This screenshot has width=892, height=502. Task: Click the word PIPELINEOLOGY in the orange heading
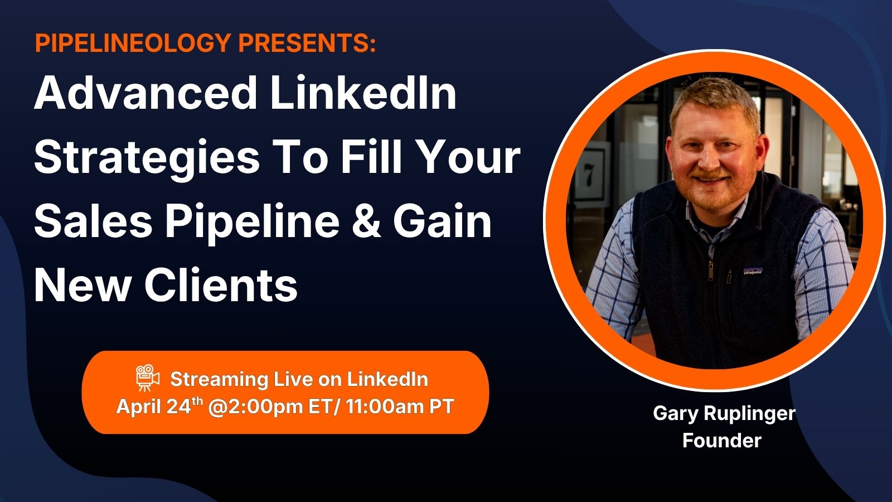[133, 42]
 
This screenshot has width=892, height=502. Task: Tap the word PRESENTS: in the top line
[307, 42]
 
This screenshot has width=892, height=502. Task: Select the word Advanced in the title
[146, 93]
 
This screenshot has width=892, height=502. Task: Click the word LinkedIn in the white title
[363, 93]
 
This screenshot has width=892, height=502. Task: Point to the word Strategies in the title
[147, 158]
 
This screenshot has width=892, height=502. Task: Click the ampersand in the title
[366, 221]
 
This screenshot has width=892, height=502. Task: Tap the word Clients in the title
[221, 285]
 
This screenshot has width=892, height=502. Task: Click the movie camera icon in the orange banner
[147, 378]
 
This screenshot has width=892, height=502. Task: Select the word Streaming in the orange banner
[219, 380]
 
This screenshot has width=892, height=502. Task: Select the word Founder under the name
[722, 441]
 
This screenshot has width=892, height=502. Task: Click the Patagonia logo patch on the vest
[753, 271]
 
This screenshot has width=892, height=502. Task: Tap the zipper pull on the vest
[710, 271]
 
